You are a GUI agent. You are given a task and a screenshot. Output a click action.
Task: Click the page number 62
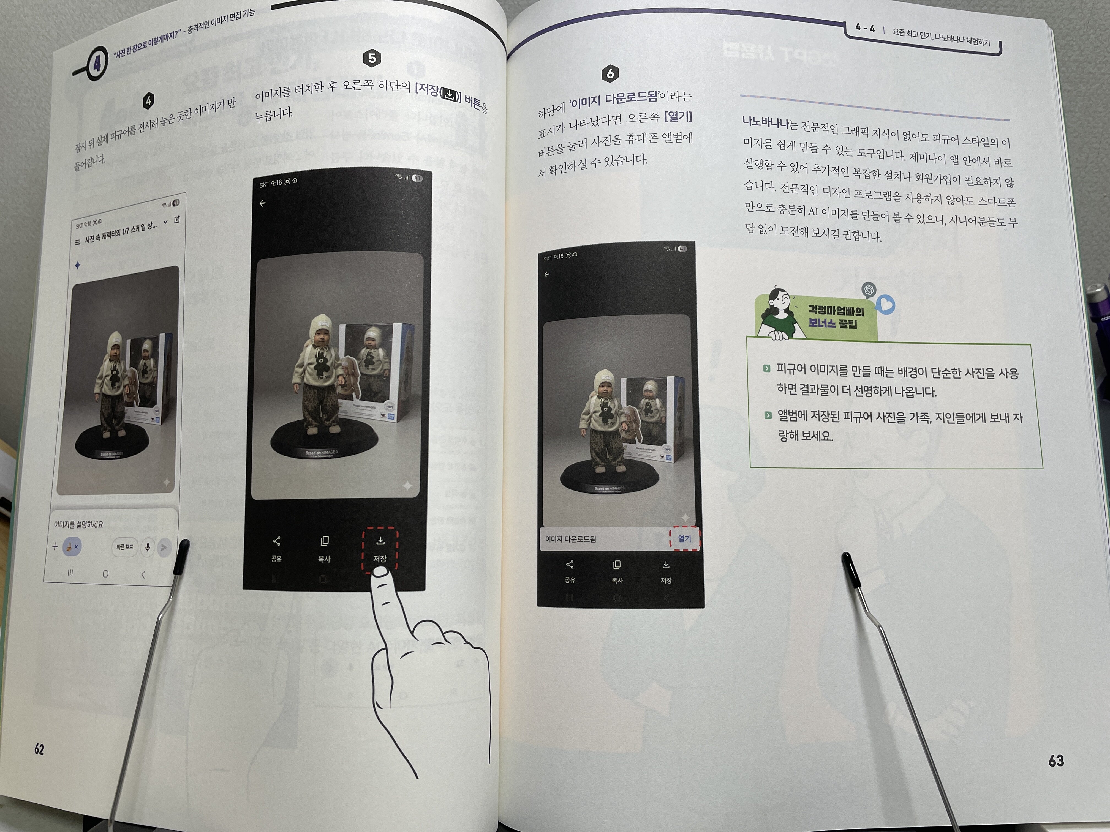click(39, 749)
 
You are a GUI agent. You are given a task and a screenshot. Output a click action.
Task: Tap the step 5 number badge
click(372, 58)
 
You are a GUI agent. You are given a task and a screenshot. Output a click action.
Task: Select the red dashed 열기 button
click(684, 538)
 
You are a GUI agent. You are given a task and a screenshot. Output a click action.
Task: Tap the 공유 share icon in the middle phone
click(276, 541)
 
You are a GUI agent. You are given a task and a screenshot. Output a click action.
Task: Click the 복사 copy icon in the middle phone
click(325, 541)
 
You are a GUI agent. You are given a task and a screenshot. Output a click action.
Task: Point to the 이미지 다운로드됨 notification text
click(571, 539)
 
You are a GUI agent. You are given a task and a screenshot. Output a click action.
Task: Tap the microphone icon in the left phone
click(148, 547)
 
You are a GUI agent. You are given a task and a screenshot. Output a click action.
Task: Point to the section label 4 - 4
click(865, 28)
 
